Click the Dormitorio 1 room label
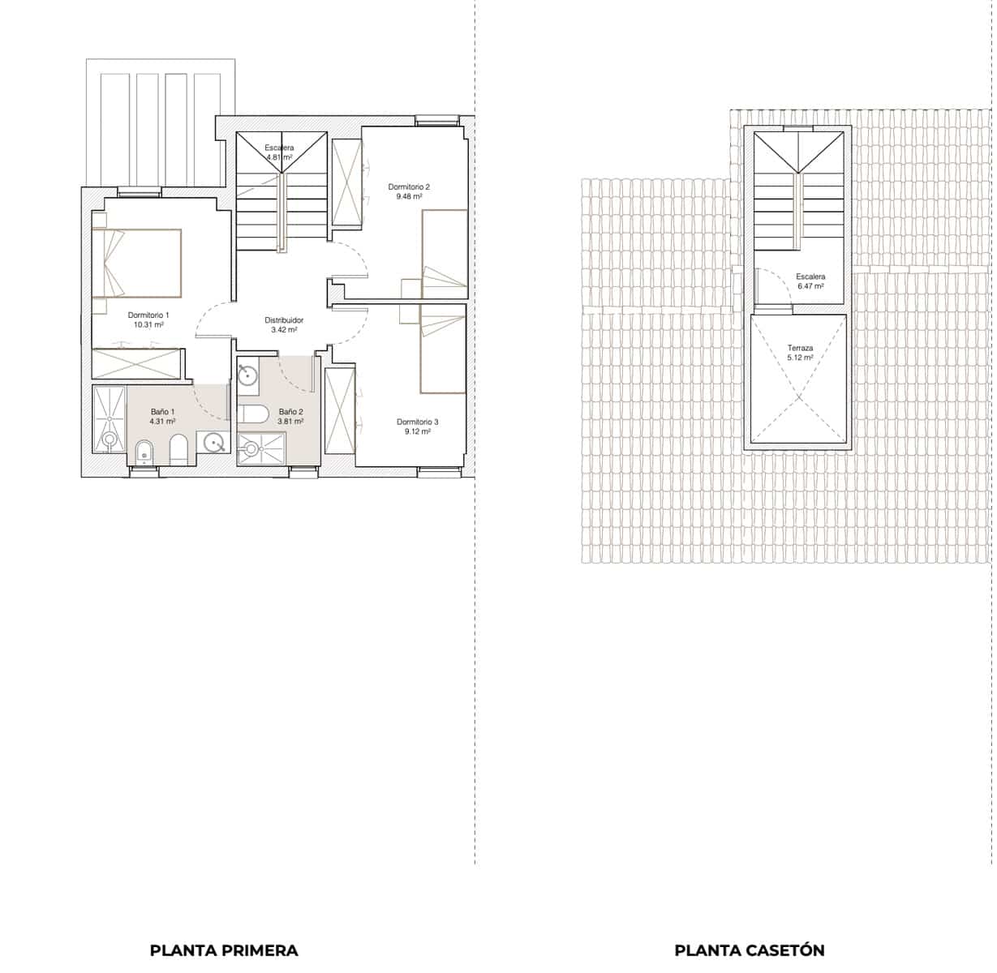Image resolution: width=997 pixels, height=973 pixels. pos(148,315)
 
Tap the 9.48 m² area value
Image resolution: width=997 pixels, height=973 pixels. pos(409,197)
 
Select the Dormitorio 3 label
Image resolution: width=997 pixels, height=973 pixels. pos(417,422)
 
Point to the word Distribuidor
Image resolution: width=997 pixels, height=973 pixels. pos(284,320)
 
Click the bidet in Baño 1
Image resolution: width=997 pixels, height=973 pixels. pos(144,451)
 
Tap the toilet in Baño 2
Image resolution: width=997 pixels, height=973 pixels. pos(255,414)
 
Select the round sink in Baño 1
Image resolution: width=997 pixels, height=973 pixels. pos(215,442)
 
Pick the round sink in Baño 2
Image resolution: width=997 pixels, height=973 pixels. pos(247,375)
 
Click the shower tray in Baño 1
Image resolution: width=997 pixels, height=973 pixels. pos(109,418)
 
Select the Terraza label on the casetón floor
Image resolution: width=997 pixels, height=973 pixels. pos(800,348)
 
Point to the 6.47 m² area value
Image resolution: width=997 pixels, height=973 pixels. pos(810,286)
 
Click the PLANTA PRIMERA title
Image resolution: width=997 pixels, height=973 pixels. pos(224,950)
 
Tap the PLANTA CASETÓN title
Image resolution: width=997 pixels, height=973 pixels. pos(749,950)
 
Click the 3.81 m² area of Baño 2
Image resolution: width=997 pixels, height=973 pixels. pos(290,422)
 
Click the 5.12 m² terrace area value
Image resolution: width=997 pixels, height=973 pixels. pos(800,358)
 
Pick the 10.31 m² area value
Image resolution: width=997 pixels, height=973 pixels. pos(148,324)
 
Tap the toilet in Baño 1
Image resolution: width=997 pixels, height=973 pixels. pos(179,448)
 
